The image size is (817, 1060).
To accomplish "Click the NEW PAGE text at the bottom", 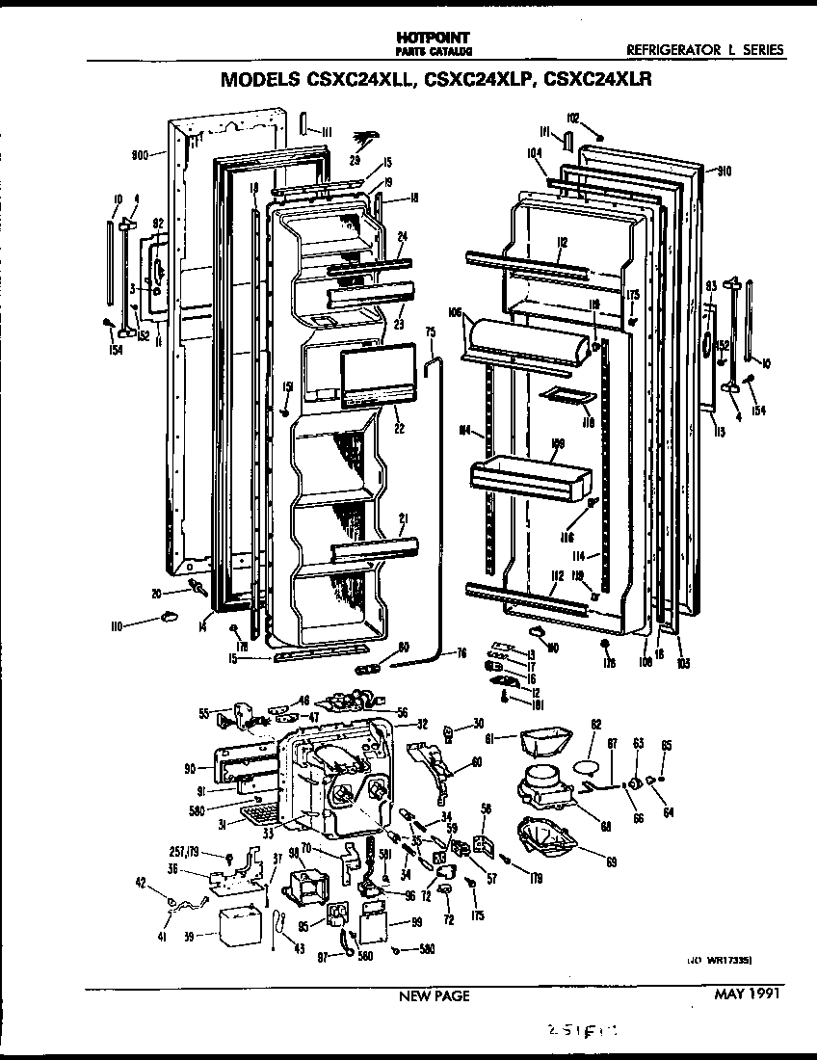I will click(435, 996).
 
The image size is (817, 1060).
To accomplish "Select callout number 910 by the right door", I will click(725, 172).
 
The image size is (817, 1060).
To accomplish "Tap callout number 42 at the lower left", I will click(142, 881).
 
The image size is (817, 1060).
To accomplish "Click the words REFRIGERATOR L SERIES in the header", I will click(704, 50).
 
